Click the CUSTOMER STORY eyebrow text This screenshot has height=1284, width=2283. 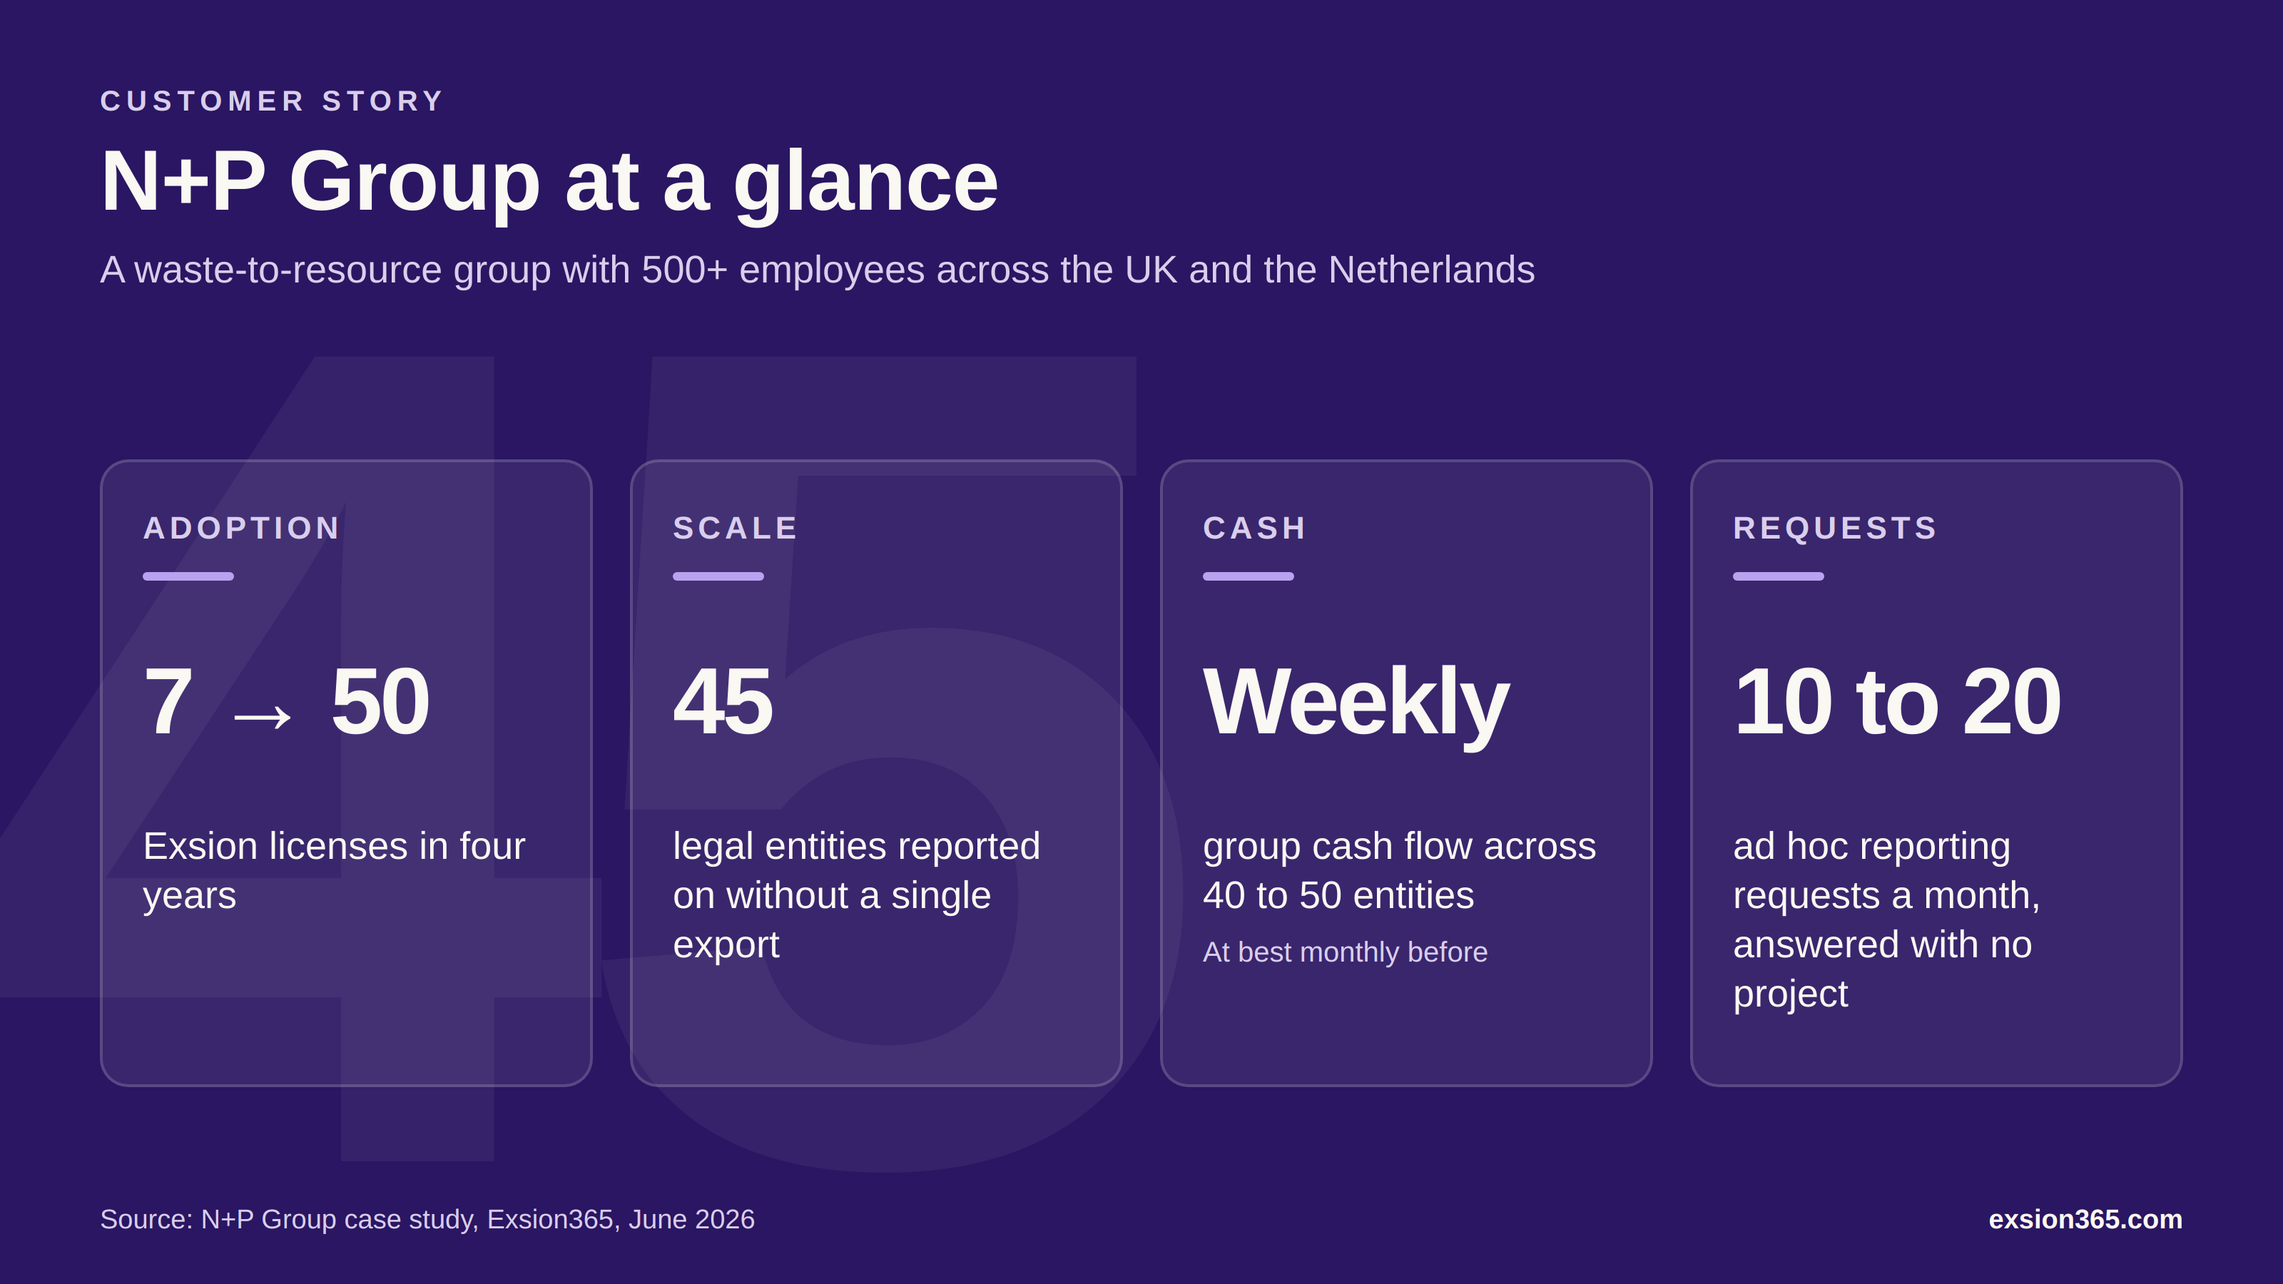271,101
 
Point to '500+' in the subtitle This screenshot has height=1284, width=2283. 684,270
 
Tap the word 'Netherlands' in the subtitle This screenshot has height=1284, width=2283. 1431,270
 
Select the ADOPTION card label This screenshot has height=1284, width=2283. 242,528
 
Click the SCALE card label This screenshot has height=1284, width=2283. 736,528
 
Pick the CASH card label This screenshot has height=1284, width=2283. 1254,528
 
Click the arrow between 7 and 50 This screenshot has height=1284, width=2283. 263,715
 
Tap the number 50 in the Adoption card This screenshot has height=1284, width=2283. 380,702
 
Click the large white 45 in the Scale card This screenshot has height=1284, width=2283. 723,702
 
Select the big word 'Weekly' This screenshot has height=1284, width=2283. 1356,705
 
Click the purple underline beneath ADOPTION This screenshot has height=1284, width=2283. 188,576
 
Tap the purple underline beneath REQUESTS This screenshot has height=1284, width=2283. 1778,576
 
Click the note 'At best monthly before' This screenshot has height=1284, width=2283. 1344,952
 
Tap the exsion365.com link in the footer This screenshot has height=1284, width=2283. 2085,1219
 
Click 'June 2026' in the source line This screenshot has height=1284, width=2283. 691,1219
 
